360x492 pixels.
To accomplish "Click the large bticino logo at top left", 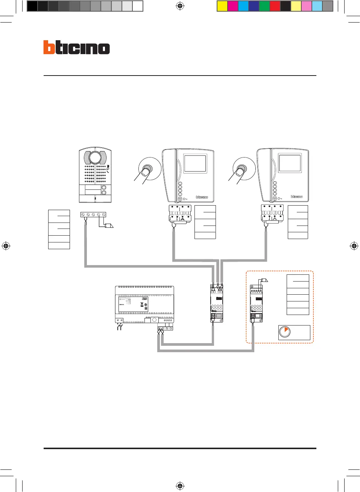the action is (76, 47).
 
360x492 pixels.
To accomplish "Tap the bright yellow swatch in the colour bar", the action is (222, 6).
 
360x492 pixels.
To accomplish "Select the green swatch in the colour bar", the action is (264, 6).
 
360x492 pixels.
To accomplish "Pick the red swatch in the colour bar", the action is (275, 6).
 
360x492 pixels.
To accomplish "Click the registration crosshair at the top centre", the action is (180, 6).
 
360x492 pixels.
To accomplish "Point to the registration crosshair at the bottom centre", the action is (180, 486).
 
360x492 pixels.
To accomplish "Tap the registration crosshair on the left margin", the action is (6, 246).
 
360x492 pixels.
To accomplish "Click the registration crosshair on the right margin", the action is (354, 246).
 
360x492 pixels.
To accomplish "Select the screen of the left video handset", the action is (195, 164).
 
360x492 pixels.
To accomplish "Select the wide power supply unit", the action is (144, 304).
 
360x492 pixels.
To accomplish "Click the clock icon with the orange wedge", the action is (285, 332).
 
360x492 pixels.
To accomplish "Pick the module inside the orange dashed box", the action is (256, 303).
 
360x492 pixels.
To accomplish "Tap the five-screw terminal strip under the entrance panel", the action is (93, 215).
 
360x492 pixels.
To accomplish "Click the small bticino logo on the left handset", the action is (202, 197).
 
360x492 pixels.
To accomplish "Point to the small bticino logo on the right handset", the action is (296, 197).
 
